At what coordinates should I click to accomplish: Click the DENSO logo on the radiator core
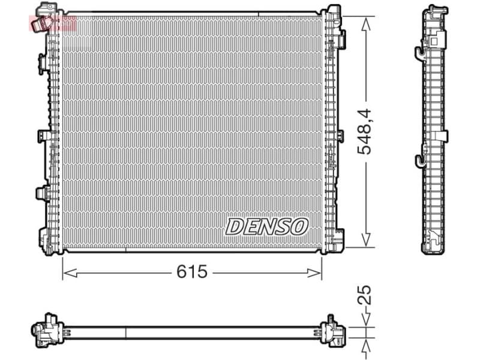[x=266, y=227]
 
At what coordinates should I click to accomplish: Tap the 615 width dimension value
[x=192, y=272]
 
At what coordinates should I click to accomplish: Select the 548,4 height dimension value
[x=365, y=131]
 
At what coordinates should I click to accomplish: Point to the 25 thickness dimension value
[x=365, y=295]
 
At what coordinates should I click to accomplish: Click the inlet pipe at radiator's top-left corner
[x=44, y=23]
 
